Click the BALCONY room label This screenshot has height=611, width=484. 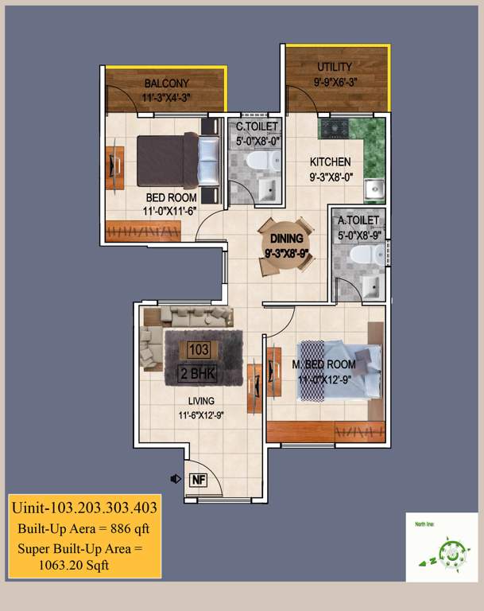point(166,84)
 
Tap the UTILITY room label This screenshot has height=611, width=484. point(334,67)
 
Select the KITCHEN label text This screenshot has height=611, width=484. point(330,162)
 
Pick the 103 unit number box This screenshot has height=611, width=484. point(199,349)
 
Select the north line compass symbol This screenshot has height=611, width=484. point(441,553)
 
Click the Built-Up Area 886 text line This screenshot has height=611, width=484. point(83,528)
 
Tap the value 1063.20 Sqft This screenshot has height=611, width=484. point(72,565)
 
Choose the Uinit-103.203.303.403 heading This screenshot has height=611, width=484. point(83,507)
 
